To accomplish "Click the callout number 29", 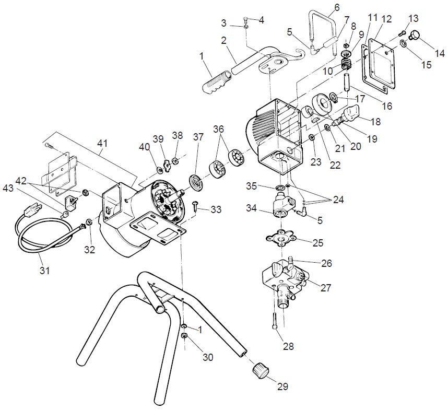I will click(x=282, y=387).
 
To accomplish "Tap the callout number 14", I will click(x=440, y=53).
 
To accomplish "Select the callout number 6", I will click(x=336, y=7).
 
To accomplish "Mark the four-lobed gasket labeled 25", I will click(x=281, y=240).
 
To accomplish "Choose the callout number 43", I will click(x=9, y=188).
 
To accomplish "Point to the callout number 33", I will click(x=216, y=209).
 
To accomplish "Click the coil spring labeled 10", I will click(x=345, y=64).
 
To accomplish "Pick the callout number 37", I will click(x=198, y=136).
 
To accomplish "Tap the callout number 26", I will click(x=327, y=264).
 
